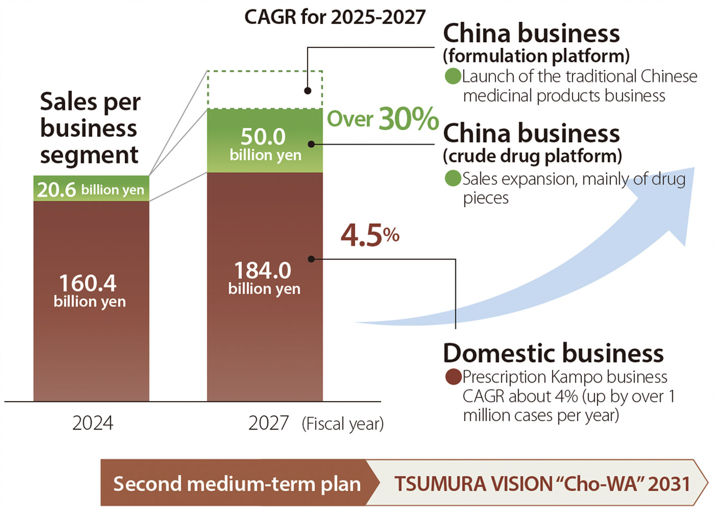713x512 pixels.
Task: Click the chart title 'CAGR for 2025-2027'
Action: pos(335,17)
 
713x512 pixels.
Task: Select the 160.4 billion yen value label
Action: pos(89,291)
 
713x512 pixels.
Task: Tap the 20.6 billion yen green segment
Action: pos(91,189)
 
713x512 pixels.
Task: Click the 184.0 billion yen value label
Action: pos(264,278)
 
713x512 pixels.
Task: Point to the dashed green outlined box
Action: pos(265,90)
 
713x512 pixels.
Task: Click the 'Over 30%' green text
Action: pos(382,119)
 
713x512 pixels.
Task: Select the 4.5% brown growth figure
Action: pos(370,236)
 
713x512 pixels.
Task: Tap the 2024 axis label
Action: pos(92,423)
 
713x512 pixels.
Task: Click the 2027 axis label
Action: pos(268,423)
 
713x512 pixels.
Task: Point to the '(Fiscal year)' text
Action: pos(342,424)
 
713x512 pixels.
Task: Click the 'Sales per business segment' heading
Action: pos(90,128)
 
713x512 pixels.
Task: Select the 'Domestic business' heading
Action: pos(553,353)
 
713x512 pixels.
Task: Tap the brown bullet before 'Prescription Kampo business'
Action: pos(453,377)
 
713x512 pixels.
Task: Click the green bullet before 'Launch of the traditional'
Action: pos(452,76)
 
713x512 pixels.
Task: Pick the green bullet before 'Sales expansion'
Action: pos(452,179)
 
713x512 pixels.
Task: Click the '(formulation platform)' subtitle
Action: pos(536,55)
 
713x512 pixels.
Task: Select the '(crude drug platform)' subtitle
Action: pos(532,156)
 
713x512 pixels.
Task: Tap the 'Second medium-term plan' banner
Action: pos(237,483)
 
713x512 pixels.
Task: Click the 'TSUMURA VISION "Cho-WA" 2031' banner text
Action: pos(542,483)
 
